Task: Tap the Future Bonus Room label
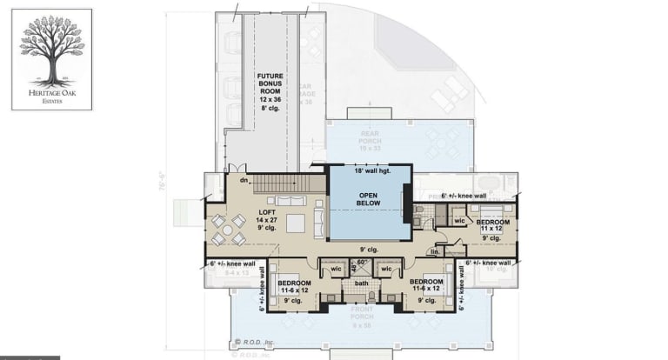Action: (271, 83)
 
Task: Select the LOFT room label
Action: (266, 211)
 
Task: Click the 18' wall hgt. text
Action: (369, 171)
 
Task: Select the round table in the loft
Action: (226, 229)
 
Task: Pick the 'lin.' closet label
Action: (436, 251)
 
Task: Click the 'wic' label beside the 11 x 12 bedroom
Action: (459, 221)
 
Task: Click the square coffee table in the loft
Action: (296, 223)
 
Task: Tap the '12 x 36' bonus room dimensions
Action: (271, 100)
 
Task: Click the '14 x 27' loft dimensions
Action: (266, 220)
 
